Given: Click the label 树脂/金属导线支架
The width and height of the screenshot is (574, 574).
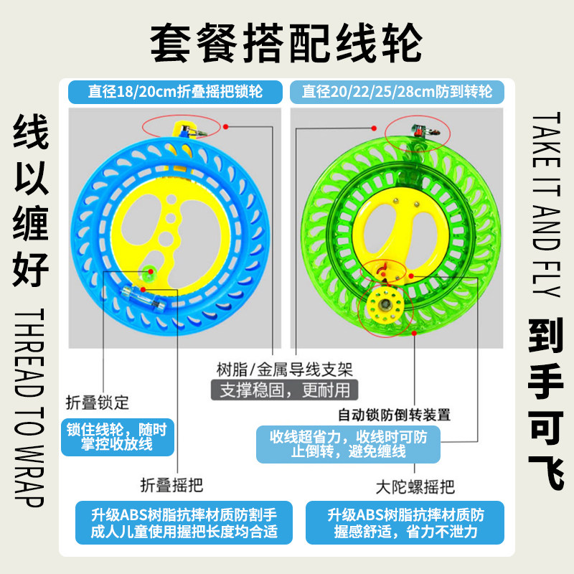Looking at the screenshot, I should pyautogui.click(x=284, y=370).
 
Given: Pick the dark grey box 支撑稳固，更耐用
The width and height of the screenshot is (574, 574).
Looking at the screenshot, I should pyautogui.click(x=284, y=390).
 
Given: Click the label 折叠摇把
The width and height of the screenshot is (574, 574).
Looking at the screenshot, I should pyautogui.click(x=172, y=485).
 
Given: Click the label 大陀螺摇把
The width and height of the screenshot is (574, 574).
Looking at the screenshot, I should pyautogui.click(x=415, y=487).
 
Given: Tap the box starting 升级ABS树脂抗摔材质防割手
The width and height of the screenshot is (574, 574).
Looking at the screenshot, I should pyautogui.click(x=184, y=523).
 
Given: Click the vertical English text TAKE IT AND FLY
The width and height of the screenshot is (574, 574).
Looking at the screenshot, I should pyautogui.click(x=547, y=204).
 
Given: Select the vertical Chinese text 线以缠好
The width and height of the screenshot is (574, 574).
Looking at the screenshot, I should pyautogui.click(x=32, y=204).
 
